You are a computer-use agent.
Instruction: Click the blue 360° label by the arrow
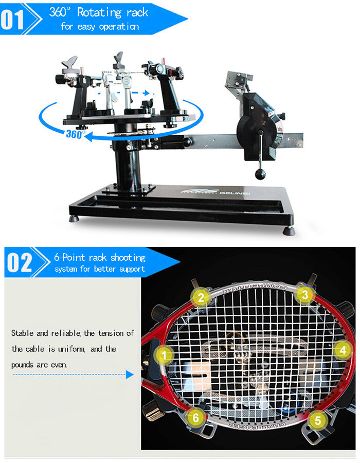[x=76, y=134]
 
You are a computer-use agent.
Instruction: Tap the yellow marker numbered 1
[x=164, y=354]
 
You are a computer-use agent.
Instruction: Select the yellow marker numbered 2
[x=201, y=297]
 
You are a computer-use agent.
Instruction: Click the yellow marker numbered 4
[x=343, y=351]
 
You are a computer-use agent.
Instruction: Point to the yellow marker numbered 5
[x=318, y=420]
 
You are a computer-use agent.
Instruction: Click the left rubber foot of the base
[x=76, y=218]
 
